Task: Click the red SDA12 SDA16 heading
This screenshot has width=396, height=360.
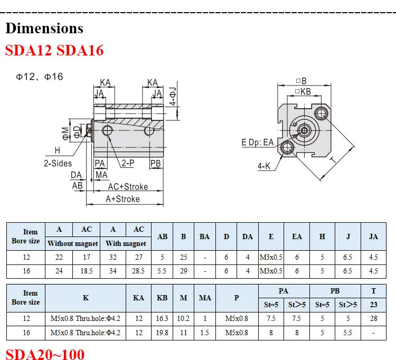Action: coord(54,50)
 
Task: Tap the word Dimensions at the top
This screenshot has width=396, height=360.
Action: coord(44,28)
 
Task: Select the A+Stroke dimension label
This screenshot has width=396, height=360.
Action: coord(122,199)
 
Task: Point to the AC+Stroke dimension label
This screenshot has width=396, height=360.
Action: coord(128,186)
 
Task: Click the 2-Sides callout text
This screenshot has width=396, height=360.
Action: coord(58,163)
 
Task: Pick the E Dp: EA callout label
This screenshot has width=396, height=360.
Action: coord(258,143)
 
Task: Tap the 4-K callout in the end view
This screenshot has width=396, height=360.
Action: coord(264,166)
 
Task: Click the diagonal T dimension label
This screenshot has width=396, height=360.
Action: coord(333,159)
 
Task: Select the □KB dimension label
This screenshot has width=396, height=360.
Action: coord(303,91)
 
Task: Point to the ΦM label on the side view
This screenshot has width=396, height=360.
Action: coord(65,134)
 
